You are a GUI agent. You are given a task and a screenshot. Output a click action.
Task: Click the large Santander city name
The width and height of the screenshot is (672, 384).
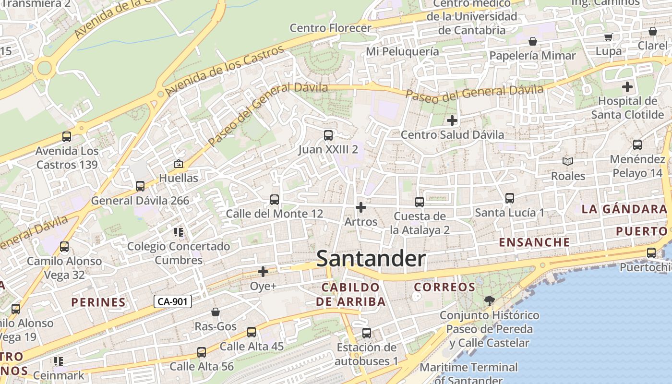tap(371, 259)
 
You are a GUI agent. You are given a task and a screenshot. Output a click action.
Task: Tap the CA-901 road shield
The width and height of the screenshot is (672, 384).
tap(173, 301)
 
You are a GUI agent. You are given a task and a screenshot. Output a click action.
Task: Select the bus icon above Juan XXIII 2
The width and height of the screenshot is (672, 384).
tap(328, 135)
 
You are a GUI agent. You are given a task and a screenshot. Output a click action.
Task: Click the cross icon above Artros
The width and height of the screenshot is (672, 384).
tap(361, 207)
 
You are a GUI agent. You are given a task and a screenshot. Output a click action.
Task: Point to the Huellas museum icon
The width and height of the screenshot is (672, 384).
tap(179, 164)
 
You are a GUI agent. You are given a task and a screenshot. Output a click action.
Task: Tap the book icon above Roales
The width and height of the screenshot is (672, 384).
tap(568, 162)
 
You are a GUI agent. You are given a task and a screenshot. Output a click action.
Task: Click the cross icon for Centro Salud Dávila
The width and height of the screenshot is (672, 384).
tap(452, 120)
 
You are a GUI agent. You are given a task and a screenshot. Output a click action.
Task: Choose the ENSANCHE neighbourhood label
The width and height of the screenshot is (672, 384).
tap(534, 242)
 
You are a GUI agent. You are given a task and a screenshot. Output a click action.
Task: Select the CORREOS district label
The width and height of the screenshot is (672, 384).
tap(444, 287)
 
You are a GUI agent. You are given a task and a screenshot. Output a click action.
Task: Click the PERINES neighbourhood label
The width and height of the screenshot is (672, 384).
tap(98, 302)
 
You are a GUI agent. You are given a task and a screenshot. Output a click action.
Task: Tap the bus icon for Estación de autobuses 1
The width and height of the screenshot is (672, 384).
tap(367, 333)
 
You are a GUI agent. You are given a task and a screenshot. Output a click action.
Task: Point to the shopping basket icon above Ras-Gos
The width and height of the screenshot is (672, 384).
tap(216, 312)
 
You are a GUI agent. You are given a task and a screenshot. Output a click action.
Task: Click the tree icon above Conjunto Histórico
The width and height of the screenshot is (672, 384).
tap(490, 301)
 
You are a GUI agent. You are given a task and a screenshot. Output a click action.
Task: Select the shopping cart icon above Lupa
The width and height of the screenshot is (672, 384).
tap(609, 37)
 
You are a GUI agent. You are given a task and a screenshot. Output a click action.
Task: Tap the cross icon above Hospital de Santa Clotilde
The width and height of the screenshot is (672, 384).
tap(627, 87)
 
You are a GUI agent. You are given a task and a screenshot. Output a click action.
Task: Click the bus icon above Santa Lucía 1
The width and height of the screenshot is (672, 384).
tap(510, 198)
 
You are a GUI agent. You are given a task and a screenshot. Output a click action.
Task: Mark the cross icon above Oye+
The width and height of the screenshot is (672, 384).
tap(263, 272)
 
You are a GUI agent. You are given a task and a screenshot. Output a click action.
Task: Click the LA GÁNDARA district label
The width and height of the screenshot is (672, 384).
tap(624, 209)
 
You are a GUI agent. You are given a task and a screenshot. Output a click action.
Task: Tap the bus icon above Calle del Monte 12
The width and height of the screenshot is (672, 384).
tap(275, 199)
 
